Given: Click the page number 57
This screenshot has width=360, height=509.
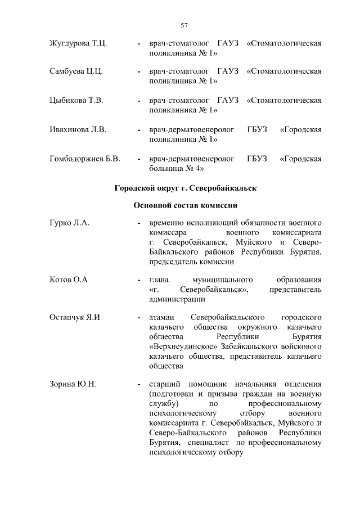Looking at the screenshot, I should (x=183, y=25).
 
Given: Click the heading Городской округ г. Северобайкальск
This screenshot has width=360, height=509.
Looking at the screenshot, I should (x=185, y=188).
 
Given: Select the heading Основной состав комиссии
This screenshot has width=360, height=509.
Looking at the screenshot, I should (x=185, y=205).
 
